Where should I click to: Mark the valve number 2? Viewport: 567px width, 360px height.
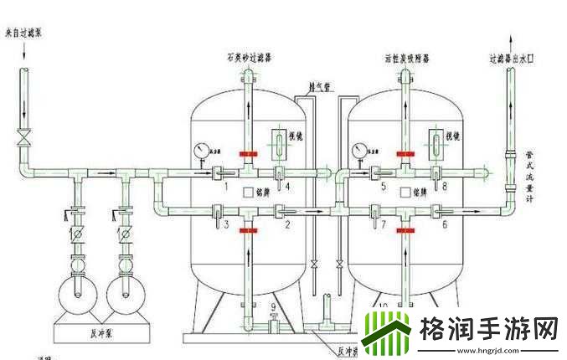click(x=286, y=225)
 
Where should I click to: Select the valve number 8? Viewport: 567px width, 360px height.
click(x=444, y=188)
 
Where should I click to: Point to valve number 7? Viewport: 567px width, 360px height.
click(x=384, y=225)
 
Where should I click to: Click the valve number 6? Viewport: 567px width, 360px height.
click(x=444, y=225)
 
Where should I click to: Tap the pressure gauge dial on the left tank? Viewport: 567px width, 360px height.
click(x=200, y=151)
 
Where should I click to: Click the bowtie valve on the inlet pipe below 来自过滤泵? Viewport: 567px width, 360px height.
click(x=24, y=136)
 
